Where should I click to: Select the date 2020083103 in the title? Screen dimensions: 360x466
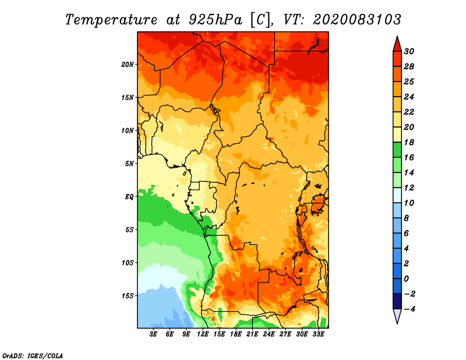[356, 19]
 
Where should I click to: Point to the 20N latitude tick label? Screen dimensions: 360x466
[128, 64]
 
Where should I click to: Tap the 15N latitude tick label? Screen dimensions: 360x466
[128, 97]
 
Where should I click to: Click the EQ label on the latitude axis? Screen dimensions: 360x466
[129, 196]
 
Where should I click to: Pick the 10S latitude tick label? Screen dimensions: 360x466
[128, 263]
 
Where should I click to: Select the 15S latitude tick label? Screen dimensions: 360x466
[128, 296]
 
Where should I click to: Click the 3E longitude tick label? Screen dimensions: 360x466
[154, 335]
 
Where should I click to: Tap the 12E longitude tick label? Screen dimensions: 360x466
[203, 335]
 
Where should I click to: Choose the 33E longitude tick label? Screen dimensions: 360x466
[319, 335]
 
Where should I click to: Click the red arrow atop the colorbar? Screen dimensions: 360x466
[397, 43]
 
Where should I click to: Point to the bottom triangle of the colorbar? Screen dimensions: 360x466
[397, 316]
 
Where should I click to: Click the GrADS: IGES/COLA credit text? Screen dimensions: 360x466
[33, 355]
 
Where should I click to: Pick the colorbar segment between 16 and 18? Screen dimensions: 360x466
[397, 150]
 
